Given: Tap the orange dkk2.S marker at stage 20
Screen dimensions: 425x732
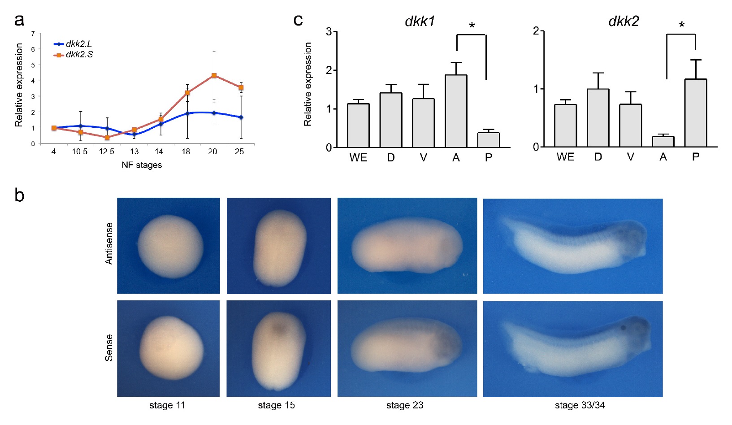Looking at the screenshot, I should coord(214,76).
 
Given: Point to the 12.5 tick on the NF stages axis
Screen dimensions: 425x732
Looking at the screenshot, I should coord(107,152).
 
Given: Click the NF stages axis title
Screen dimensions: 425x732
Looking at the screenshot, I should coord(142,165).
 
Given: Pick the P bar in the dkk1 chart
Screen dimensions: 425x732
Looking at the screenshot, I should coord(489,140).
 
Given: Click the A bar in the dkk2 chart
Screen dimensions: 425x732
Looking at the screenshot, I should coord(663,142).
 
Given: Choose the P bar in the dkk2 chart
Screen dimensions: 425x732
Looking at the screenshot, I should coord(696,113).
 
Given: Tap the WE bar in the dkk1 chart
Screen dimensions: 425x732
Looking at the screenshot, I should coord(358,126).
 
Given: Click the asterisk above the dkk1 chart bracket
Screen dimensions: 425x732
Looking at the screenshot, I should coord(472,26).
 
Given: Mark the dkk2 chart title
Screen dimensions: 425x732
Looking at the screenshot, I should coord(624,21).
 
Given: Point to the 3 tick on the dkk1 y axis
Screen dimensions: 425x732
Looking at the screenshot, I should coord(329,32).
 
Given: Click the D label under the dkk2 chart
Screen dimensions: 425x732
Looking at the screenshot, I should coord(598,157).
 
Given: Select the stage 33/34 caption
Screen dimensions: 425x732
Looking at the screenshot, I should coord(580,405).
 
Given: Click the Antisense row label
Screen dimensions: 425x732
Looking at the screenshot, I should coord(109,243).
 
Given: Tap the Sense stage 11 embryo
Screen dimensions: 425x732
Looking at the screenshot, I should coord(171,348).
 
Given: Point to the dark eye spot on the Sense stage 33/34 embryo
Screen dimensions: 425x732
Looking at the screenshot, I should coord(623,328).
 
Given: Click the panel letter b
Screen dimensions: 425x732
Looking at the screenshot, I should coord(19,195).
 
